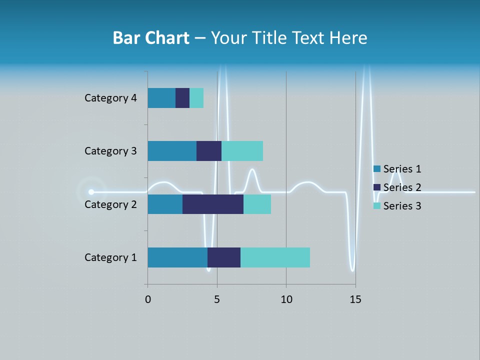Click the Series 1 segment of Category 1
point(177,257)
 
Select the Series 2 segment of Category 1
point(224,257)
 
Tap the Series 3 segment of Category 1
point(275,257)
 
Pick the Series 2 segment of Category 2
point(213,204)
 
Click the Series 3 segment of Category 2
point(257,204)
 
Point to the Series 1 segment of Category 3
point(172,151)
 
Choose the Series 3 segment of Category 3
point(242,151)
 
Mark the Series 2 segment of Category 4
point(182,98)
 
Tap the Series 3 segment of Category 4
point(196,98)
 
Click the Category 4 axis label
point(110,98)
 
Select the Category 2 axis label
point(110,204)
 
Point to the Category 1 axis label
point(110,257)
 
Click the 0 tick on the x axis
point(147,299)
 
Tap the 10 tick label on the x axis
point(286,299)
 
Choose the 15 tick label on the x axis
point(355,299)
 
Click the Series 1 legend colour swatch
point(377,169)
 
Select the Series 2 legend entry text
point(402,187)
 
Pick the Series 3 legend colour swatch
point(377,206)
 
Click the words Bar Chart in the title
point(151,38)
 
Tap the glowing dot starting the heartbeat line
point(91,191)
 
